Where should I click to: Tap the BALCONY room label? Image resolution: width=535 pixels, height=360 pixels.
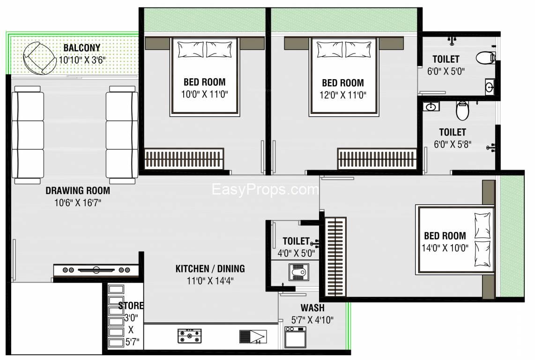pos(82,48)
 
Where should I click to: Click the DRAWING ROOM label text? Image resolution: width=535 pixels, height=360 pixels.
pos(78,191)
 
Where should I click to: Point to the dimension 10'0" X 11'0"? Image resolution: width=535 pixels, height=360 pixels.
pos(204,94)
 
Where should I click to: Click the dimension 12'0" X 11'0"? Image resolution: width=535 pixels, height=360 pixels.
pos(343,94)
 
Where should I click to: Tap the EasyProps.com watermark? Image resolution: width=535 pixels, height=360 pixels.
pos(265,190)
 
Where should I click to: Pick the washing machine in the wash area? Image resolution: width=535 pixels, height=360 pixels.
pos(295,337)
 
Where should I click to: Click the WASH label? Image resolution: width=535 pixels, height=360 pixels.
pos(312,308)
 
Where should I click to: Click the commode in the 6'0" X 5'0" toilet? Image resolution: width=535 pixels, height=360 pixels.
pos(485,58)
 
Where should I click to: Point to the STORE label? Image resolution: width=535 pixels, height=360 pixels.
pos(131,306)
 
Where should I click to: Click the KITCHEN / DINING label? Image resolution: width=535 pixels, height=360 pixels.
pos(210,269)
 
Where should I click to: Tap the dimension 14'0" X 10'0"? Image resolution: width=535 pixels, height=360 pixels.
pos(445,248)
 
